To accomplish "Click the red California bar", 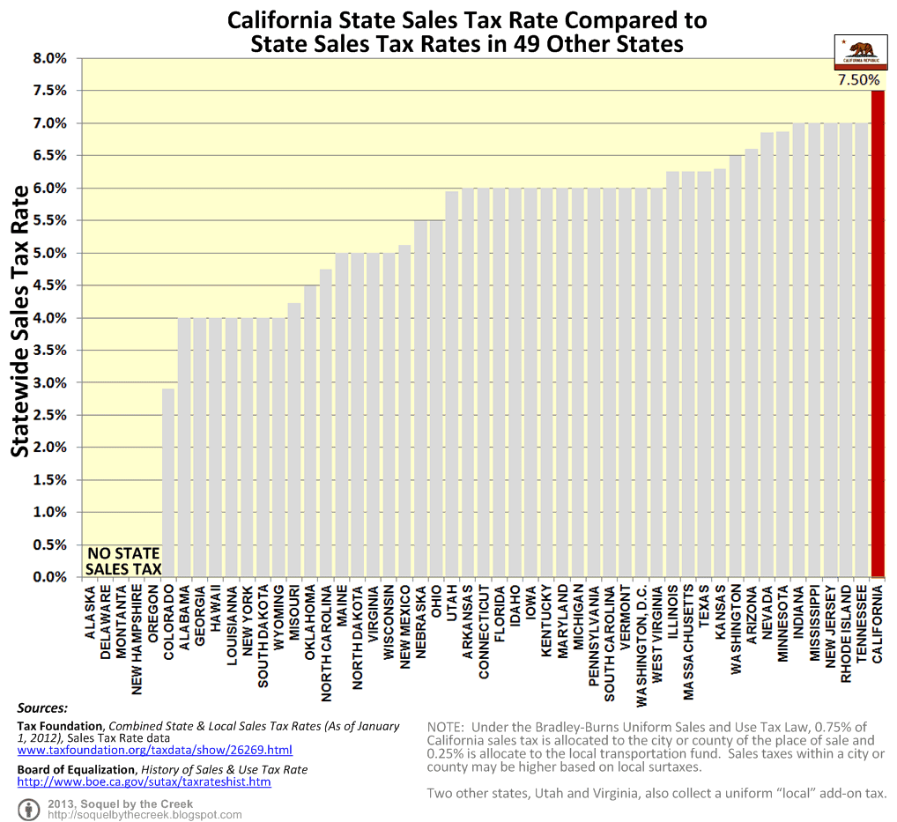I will click(x=878, y=335).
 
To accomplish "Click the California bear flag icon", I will click(x=858, y=53).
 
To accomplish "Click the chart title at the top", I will click(x=467, y=32).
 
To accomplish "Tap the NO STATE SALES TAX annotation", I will click(x=124, y=561).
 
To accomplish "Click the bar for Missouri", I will click(x=294, y=441).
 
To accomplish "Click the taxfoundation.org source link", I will click(x=155, y=750).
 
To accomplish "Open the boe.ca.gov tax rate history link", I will click(x=144, y=781).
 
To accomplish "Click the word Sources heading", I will click(x=42, y=707).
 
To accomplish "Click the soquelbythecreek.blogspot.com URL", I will click(x=145, y=815).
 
